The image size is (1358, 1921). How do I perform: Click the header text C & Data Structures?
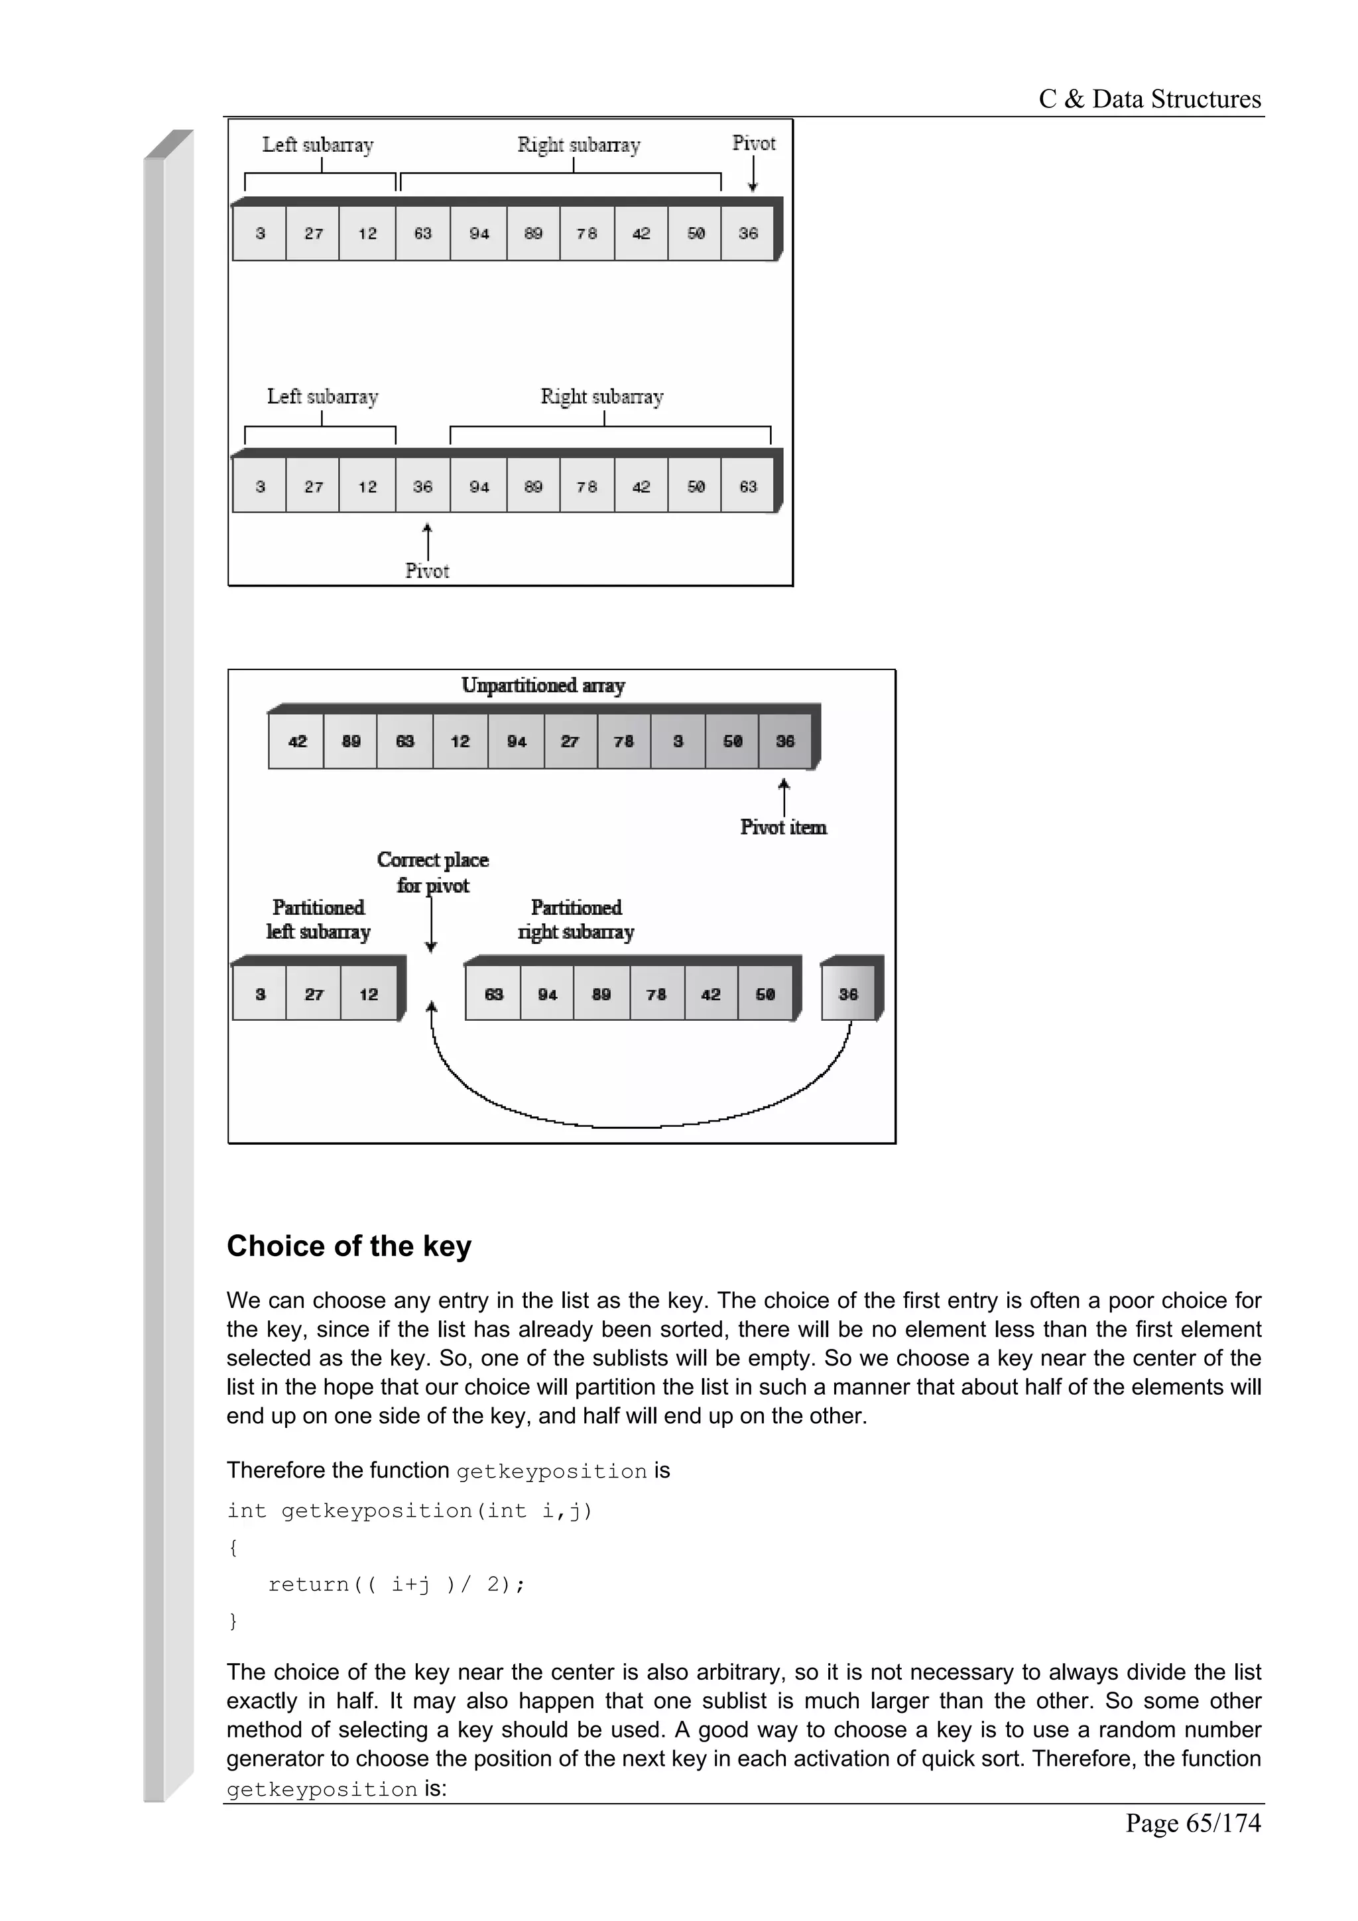pos(1149,99)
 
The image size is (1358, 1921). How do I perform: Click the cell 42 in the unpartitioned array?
pos(297,741)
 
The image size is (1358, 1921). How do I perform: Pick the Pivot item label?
pos(783,827)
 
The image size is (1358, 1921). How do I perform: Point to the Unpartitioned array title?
pos(543,686)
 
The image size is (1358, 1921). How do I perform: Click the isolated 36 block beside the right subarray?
pos(849,994)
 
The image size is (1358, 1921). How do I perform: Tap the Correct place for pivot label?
pos(432,872)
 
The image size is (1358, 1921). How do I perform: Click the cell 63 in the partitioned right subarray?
pos(493,994)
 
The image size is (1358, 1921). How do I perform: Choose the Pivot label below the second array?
pos(427,571)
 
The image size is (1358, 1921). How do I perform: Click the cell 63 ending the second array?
pos(748,487)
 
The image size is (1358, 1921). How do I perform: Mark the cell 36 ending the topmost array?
pos(748,233)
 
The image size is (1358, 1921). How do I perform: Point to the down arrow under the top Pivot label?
pos(753,174)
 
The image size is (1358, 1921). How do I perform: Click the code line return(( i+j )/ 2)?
pos(396,1584)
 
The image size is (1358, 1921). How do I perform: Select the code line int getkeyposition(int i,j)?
pos(409,1510)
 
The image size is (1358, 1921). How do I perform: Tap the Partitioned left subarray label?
pos(318,919)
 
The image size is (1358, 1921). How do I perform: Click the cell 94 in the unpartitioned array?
pos(517,741)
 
